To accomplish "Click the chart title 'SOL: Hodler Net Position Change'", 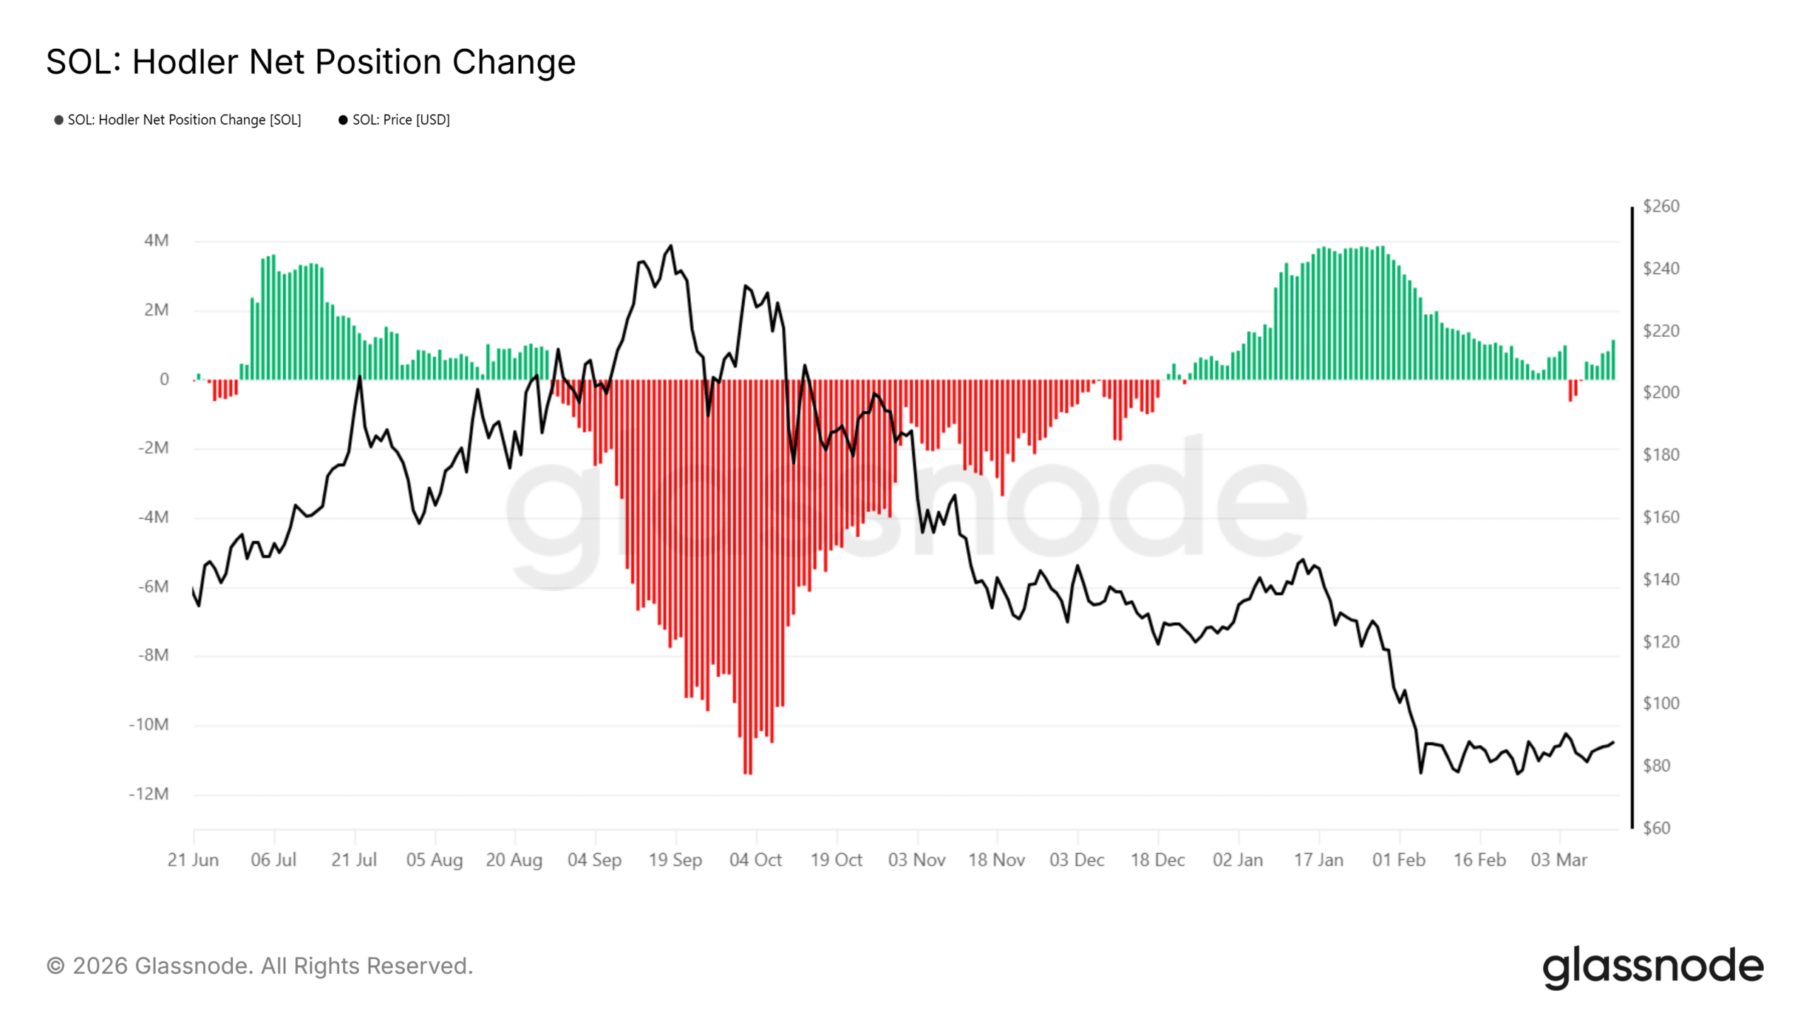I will pyautogui.click(x=311, y=62).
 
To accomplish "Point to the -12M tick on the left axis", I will pyautogui.click(x=149, y=794).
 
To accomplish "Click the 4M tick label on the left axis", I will pyautogui.click(x=156, y=241).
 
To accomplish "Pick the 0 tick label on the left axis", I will pyautogui.click(x=164, y=379).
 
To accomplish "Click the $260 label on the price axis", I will pyautogui.click(x=1661, y=207).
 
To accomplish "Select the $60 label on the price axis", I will pyautogui.click(x=1656, y=828).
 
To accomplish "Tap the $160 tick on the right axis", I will pyautogui.click(x=1661, y=517).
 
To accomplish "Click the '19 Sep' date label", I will pyautogui.click(x=675, y=860).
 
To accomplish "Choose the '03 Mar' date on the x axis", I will pyautogui.click(x=1559, y=860).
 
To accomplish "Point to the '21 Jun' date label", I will pyautogui.click(x=193, y=860).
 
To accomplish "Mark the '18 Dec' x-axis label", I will pyautogui.click(x=1157, y=860).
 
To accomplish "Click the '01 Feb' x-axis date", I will pyautogui.click(x=1399, y=860).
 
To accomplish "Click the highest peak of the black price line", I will pyautogui.click(x=671, y=246).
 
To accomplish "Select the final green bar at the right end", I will pyautogui.click(x=1613, y=361).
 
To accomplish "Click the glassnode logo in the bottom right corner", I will pyautogui.click(x=1653, y=967).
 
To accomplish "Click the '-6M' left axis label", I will pyautogui.click(x=154, y=587).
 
